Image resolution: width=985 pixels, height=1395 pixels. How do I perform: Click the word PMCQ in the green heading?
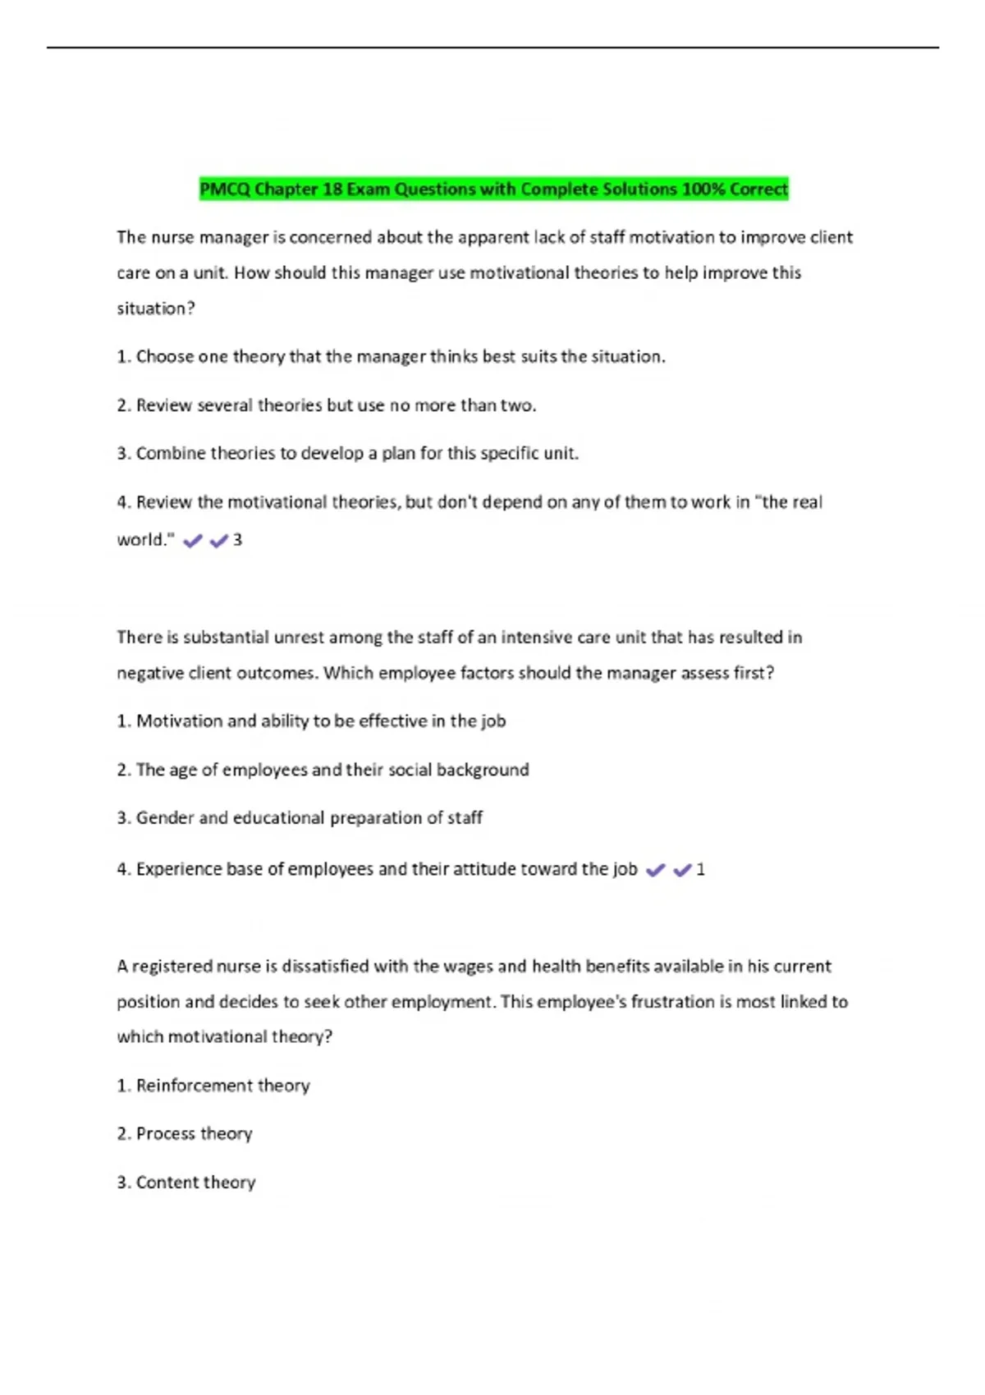pyautogui.click(x=225, y=190)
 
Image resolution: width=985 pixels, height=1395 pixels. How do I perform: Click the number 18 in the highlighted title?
pyautogui.click(x=332, y=190)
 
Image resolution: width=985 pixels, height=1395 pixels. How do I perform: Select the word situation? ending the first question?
pyautogui.click(x=156, y=309)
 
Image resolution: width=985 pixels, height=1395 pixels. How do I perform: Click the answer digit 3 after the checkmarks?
pyautogui.click(x=237, y=540)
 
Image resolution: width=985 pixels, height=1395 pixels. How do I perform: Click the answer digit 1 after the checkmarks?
pyautogui.click(x=700, y=870)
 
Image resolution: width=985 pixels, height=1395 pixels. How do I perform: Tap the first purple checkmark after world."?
pyautogui.click(x=193, y=541)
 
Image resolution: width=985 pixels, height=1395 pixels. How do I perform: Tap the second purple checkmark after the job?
pyautogui.click(x=682, y=871)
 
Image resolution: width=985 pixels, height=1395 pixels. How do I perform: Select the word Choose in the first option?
pyautogui.click(x=165, y=357)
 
